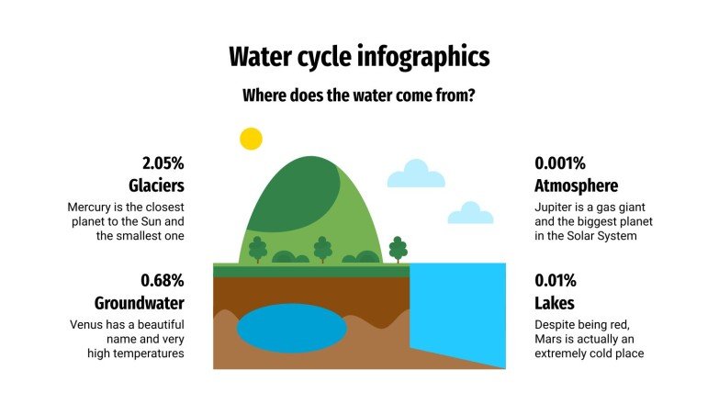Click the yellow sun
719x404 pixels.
(251, 139)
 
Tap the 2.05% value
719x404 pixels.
(162, 163)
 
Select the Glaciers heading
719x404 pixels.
(157, 186)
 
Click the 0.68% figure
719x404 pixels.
(163, 280)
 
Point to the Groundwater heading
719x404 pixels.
(140, 303)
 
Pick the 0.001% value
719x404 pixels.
(560, 163)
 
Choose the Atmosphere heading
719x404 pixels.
(576, 186)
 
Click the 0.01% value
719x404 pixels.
(556, 280)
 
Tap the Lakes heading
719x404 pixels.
(555, 303)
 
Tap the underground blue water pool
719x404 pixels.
(292, 326)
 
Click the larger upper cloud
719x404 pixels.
(416, 174)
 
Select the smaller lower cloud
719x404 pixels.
(470, 214)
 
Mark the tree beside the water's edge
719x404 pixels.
(398, 249)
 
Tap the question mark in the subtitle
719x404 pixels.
(471, 95)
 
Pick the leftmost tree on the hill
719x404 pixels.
(258, 249)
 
